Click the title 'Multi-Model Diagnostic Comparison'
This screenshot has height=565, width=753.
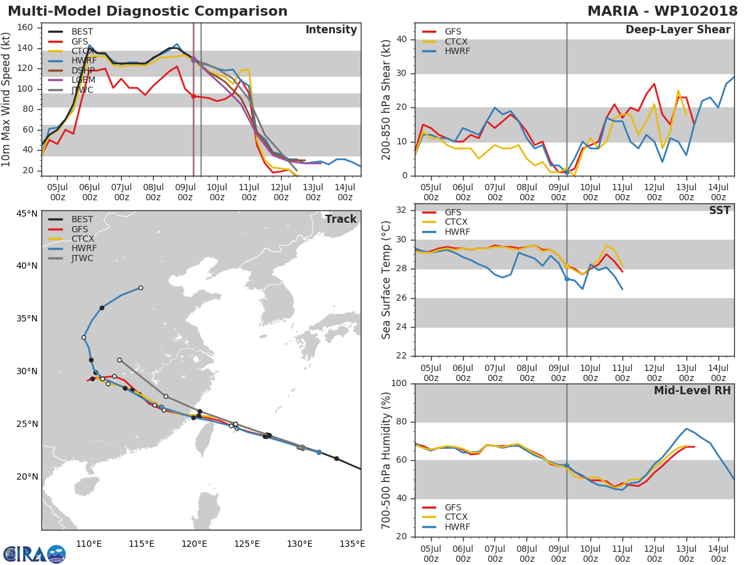click(x=147, y=11)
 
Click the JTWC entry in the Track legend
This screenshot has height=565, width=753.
click(x=82, y=259)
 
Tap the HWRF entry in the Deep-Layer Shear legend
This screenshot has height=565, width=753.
click(x=457, y=51)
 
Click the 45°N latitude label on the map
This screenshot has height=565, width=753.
click(x=27, y=213)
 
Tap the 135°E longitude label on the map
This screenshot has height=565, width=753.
click(x=352, y=544)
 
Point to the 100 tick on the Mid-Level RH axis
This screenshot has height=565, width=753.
click(x=399, y=384)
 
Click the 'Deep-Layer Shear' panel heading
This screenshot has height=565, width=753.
click(x=678, y=30)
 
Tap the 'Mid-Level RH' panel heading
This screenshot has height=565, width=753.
click(x=692, y=391)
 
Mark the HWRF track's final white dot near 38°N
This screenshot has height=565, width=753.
click(x=141, y=288)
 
